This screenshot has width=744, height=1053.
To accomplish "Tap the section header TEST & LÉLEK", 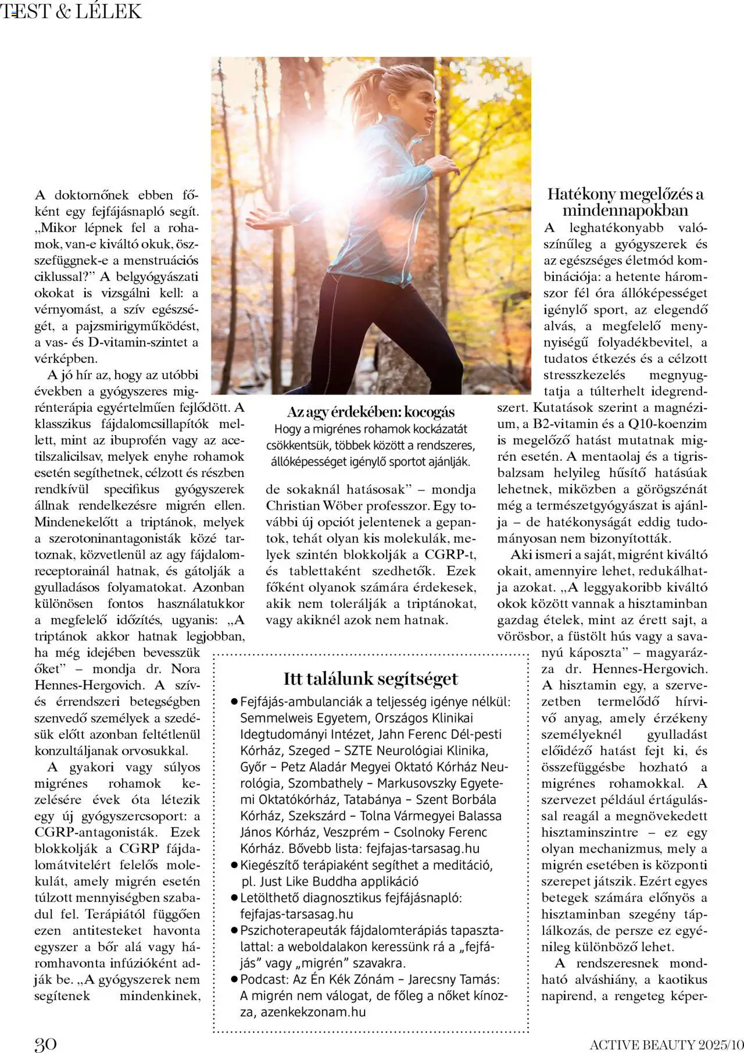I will tap(71, 11).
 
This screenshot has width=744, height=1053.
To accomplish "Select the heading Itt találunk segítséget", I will tap(370, 678).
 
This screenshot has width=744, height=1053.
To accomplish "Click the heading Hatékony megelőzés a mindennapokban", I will tap(625, 202).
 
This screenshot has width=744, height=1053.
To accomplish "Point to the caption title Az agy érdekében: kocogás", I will tap(371, 412).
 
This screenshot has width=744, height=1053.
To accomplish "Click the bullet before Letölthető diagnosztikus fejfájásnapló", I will tap(234, 898).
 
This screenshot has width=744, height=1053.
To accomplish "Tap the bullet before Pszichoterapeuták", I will tap(234, 930).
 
